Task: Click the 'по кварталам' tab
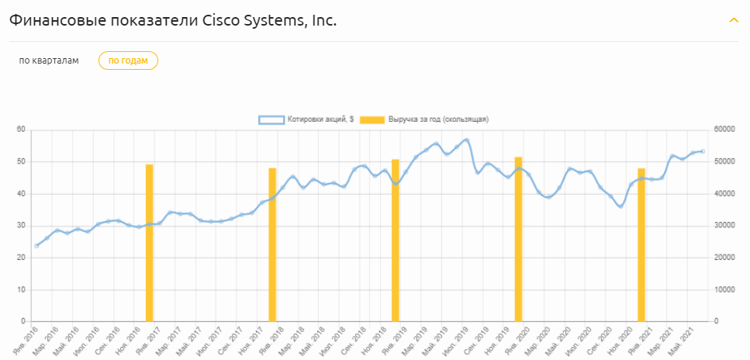[x=49, y=61]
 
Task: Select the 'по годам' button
[x=128, y=61]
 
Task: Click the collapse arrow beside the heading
[x=734, y=20]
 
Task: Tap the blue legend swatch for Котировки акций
[x=271, y=119]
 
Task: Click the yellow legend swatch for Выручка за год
[x=373, y=119]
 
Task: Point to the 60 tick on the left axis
[x=22, y=130]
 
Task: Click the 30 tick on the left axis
[x=22, y=226]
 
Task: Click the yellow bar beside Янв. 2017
[x=150, y=243]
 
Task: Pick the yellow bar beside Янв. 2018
[x=272, y=244]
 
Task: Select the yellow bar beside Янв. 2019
[x=395, y=241]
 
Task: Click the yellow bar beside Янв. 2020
[x=518, y=239]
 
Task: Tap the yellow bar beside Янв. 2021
[x=641, y=244]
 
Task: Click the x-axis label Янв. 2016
[x=27, y=338]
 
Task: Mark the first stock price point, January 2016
[x=36, y=246]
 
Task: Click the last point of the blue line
[x=703, y=151]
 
